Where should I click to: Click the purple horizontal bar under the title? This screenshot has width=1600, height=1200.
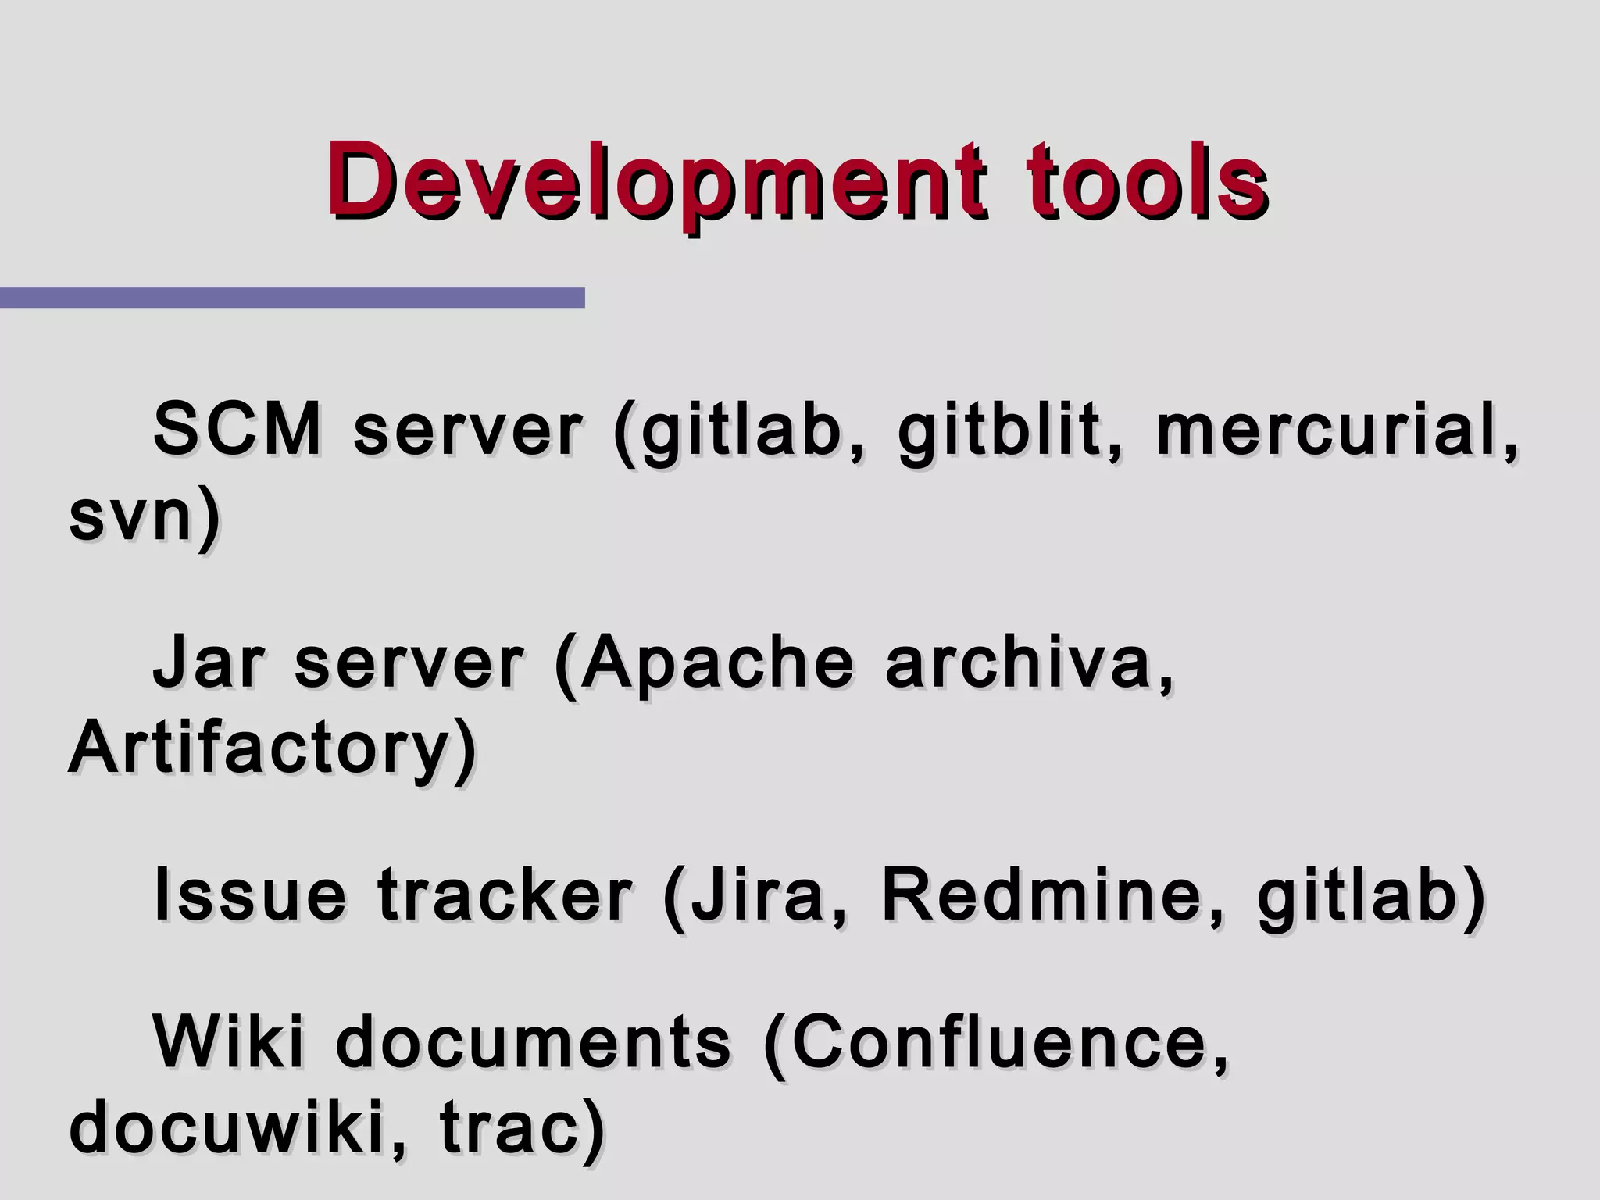292,298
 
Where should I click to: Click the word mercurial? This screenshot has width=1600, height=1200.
1328,430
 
